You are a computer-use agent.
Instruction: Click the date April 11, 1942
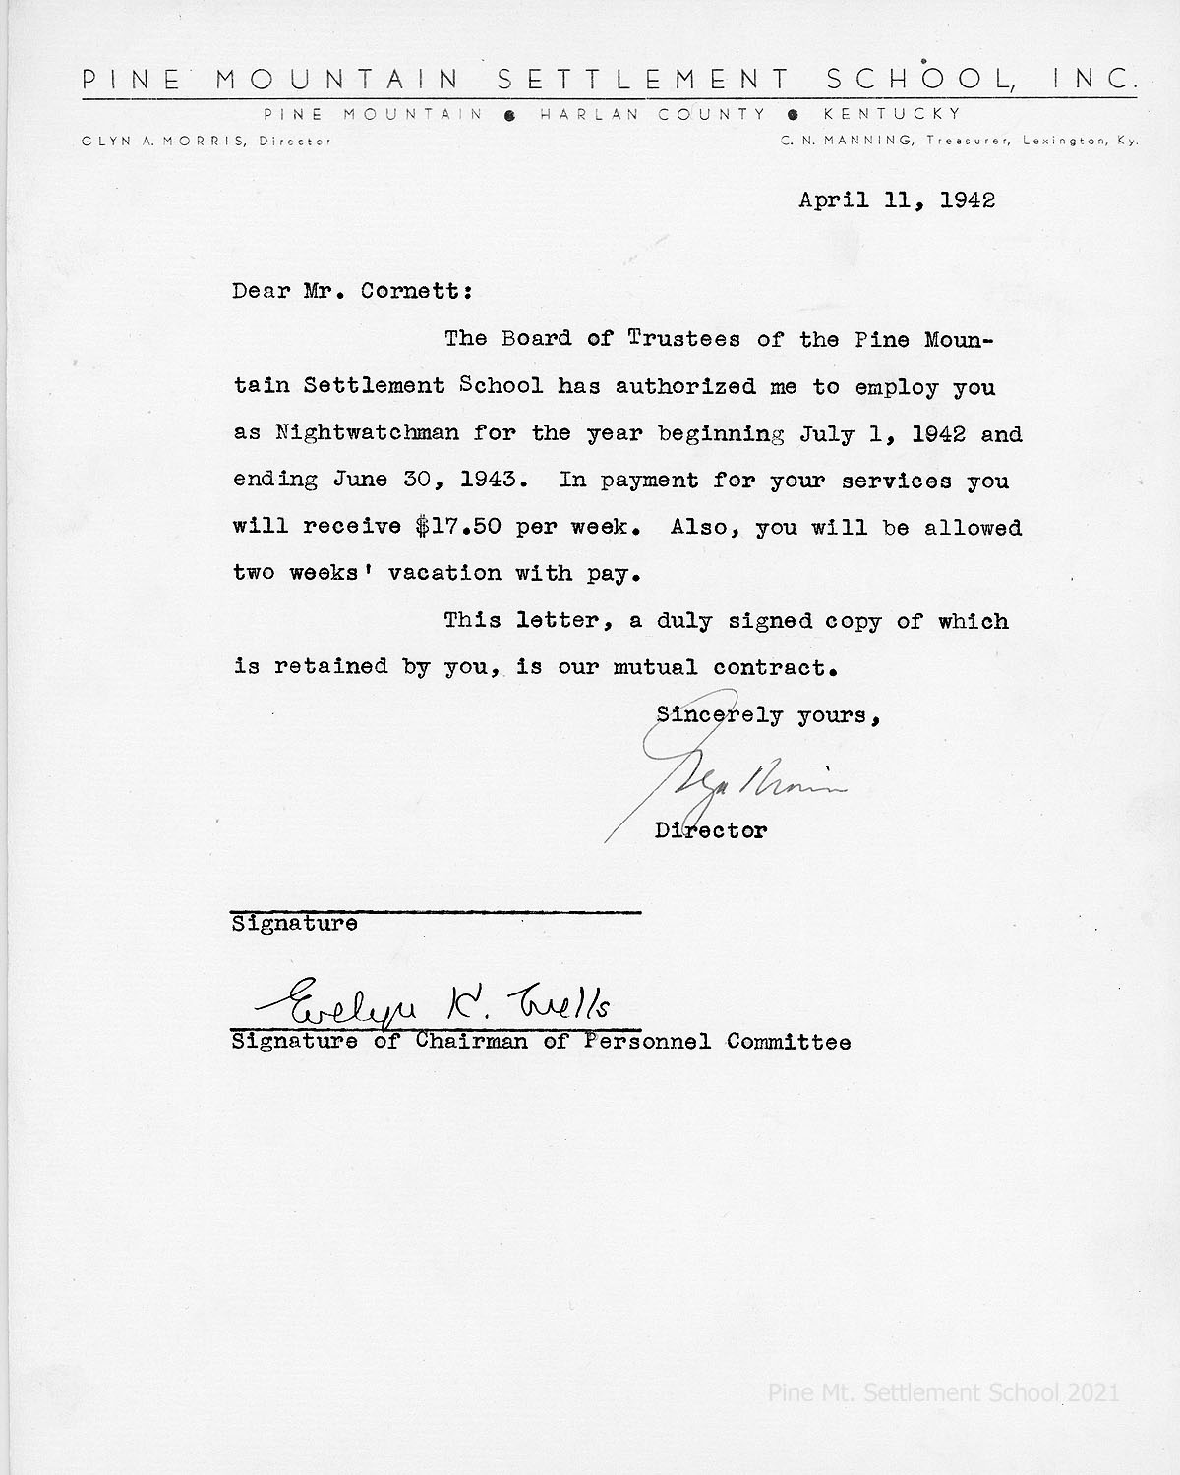coord(897,200)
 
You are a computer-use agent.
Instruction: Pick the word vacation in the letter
coord(445,573)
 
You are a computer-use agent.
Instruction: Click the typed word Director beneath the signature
coord(711,830)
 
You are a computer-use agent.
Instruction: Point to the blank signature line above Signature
coord(436,912)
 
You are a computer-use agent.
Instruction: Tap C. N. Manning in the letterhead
coord(847,142)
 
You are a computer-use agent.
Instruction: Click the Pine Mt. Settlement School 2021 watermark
coord(942,1391)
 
